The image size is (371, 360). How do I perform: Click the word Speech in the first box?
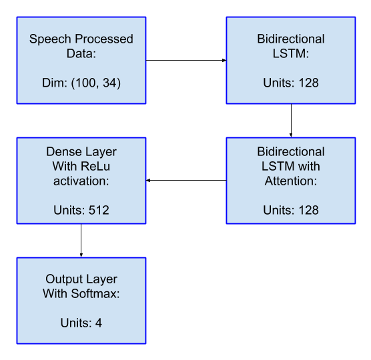pos(50,39)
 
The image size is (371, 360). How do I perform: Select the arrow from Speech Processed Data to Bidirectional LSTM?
pos(186,60)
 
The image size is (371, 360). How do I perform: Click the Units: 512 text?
pos(81,210)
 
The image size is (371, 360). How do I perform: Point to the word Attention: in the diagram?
pos(290,181)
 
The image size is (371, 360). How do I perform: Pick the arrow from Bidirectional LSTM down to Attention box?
pos(291,120)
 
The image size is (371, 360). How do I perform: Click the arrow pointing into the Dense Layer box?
pos(186,181)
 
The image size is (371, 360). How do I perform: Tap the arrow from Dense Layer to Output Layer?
pos(81,241)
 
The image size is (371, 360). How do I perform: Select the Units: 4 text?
pos(81,323)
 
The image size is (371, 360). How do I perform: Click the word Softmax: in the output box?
pos(95,293)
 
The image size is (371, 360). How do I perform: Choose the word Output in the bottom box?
pos(61,279)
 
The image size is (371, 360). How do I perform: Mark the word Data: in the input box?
pos(81,53)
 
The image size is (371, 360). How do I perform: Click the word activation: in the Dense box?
pos(81,181)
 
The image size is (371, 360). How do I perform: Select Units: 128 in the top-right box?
pos(291,83)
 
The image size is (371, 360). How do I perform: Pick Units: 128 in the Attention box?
pos(291,210)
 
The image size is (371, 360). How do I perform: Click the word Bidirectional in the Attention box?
pos(291,152)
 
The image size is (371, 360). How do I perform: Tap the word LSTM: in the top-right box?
pos(291,53)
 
